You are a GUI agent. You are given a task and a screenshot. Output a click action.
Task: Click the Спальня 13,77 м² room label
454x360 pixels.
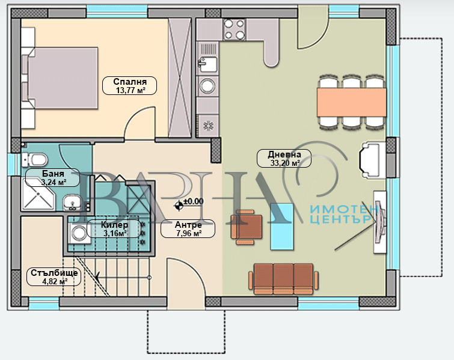130,86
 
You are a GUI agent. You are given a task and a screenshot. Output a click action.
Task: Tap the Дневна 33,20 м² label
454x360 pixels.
284,158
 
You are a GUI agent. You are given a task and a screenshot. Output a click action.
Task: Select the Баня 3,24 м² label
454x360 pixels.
53,177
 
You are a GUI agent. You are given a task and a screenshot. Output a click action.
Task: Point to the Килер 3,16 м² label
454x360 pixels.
114,228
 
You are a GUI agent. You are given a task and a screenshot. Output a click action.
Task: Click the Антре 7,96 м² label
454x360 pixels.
188,228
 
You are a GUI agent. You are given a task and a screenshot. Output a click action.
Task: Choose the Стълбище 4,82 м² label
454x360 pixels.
54,277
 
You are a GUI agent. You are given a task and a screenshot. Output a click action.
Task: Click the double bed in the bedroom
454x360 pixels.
60,78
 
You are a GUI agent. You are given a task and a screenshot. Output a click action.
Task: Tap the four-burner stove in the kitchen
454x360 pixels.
235,29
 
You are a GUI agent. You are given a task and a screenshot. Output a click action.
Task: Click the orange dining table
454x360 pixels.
352,102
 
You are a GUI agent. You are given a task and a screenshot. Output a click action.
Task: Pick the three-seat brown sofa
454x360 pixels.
283,279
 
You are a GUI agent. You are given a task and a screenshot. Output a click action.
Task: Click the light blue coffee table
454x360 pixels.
282,227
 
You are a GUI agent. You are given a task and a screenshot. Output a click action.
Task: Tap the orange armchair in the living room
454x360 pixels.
246,227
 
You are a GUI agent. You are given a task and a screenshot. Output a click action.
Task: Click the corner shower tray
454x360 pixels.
38,194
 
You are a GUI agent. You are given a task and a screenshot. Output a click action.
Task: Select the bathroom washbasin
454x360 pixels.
72,202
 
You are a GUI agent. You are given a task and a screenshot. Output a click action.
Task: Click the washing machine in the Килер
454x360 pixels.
78,233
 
